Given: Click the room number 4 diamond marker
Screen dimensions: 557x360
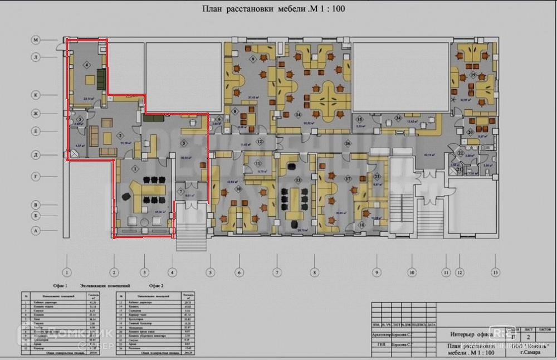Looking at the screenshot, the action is [87, 65].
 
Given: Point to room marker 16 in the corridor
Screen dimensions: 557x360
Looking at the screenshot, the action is [347, 143].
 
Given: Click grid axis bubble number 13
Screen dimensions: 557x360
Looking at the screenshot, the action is [495, 273].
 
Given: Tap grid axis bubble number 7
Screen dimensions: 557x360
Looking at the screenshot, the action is [276, 273].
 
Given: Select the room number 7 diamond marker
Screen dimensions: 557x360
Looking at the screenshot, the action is [181, 191].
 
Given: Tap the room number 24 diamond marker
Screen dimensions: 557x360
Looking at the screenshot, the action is [398, 118].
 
